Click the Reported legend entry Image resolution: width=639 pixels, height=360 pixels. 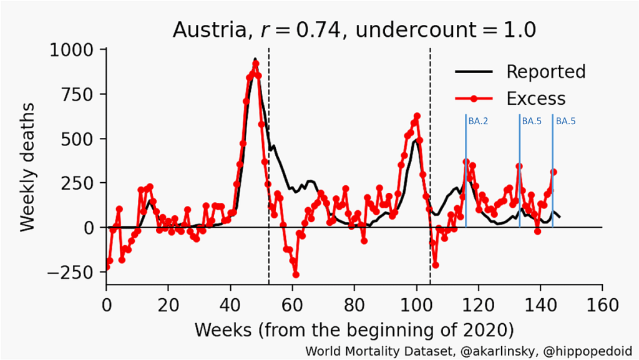tap(545, 72)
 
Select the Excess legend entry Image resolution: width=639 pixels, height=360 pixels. tap(535, 99)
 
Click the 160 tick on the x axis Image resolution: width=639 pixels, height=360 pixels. tap(602, 306)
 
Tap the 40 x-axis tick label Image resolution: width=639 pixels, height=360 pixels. tap(230, 306)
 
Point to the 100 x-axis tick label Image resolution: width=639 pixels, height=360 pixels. tap(416, 306)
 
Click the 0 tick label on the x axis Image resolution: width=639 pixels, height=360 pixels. tap(106, 306)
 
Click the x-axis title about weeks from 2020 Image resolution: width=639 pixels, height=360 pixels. tap(354, 329)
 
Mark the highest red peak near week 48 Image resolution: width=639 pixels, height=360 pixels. tap(255, 64)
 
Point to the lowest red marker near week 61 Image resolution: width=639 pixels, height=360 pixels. tap(296, 275)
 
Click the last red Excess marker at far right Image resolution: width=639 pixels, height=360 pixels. tap(554, 172)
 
